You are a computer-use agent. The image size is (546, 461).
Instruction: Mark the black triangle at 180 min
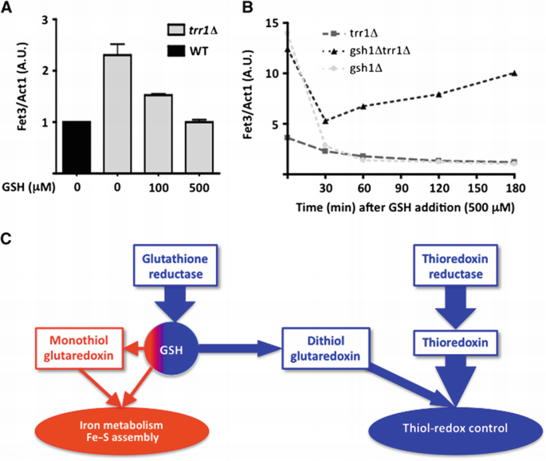[515, 73]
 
